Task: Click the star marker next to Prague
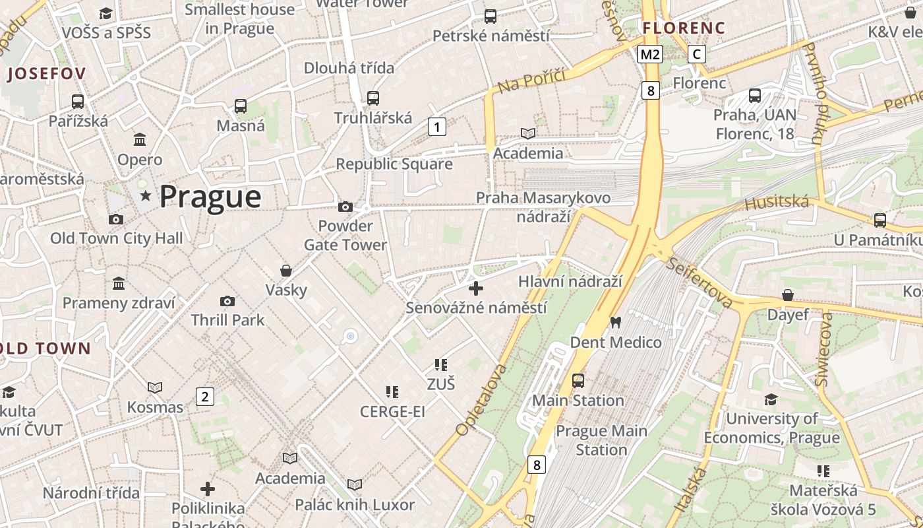(146, 196)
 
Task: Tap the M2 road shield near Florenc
(649, 54)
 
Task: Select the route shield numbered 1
(437, 126)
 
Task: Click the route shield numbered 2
(205, 397)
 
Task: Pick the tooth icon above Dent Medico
(616, 323)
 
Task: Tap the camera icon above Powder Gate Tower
(345, 207)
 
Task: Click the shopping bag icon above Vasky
(286, 271)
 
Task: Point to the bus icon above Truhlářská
(373, 98)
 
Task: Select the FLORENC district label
(684, 28)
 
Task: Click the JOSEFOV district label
(46, 74)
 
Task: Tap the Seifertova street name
(700, 282)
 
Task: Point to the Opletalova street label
(482, 399)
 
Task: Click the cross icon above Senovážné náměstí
(476, 288)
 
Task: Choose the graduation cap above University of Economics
(771, 399)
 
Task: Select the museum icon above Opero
(140, 140)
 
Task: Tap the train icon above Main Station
(578, 381)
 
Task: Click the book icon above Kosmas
(155, 387)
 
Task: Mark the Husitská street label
(777, 202)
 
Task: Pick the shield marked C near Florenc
(697, 54)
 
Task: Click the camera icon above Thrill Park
(227, 301)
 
